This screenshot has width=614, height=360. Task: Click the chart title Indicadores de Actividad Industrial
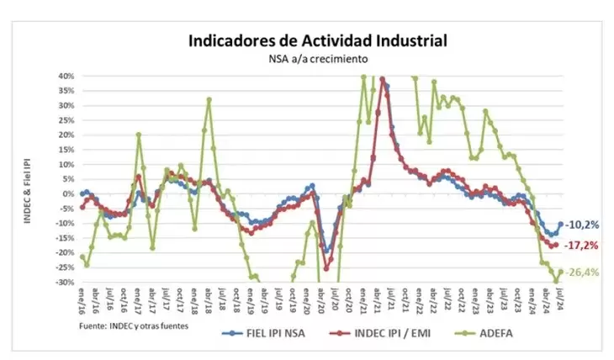point(317,40)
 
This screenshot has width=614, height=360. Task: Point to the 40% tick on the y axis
point(66,76)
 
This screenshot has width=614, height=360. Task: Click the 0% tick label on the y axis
point(69,193)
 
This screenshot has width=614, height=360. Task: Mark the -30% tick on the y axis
point(66,282)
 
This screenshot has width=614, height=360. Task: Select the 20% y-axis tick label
point(66,135)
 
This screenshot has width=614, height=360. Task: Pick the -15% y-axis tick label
point(66,238)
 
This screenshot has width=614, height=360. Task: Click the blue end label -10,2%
point(580,225)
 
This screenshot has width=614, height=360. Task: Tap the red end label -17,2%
point(580,246)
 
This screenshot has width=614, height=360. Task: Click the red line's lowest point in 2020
point(326,268)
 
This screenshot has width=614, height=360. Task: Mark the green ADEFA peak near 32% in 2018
point(209,99)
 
